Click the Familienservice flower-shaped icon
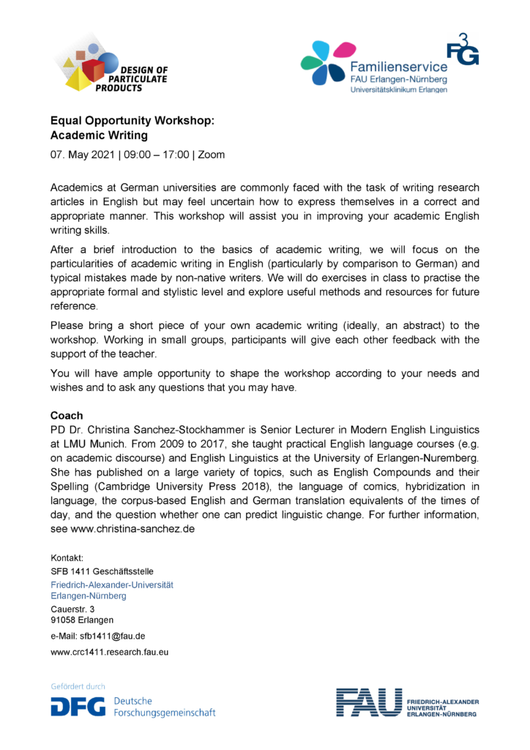tap(324, 63)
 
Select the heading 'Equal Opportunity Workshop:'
tap(132, 120)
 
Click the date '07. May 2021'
tap(81, 155)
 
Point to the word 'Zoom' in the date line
tap(212, 155)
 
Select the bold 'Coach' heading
tap(66, 415)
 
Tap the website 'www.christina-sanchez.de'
tap(132, 528)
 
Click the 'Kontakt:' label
tap(67, 557)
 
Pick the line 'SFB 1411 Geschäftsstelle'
tap(102, 571)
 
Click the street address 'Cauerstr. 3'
tap(72, 609)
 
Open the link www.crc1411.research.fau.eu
tap(109, 651)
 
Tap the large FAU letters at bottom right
tap(369, 702)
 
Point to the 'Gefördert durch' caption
tap(78, 686)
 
